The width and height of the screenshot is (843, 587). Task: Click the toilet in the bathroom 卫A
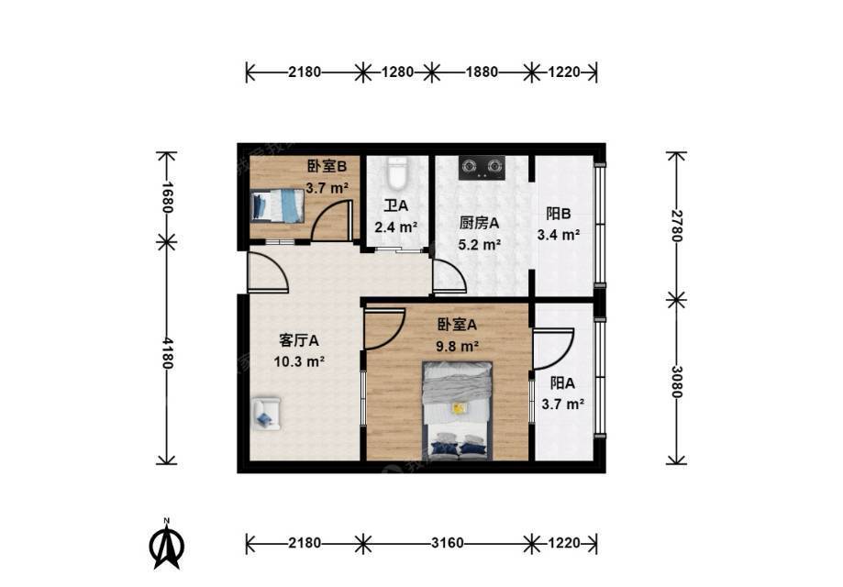pyautogui.click(x=397, y=172)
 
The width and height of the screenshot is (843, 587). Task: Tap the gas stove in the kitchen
pyautogui.click(x=482, y=167)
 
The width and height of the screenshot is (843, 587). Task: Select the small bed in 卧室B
pyautogui.click(x=277, y=205)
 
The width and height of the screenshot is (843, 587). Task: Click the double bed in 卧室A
pyautogui.click(x=458, y=411)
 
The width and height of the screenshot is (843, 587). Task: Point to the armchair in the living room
pyautogui.click(x=267, y=413)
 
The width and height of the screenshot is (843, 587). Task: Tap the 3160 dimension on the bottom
pyautogui.click(x=448, y=543)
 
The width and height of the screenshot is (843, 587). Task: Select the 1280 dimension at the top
pyautogui.click(x=397, y=72)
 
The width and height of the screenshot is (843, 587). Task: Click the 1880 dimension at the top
pyautogui.click(x=482, y=72)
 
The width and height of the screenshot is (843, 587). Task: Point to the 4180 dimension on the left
pyautogui.click(x=167, y=353)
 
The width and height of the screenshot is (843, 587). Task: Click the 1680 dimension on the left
pyautogui.click(x=167, y=197)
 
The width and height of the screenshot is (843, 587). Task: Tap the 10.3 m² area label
pyautogui.click(x=299, y=361)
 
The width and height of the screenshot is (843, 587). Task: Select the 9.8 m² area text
pyautogui.click(x=458, y=346)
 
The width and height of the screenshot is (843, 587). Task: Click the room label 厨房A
pyautogui.click(x=479, y=223)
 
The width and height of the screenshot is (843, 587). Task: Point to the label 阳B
pyautogui.click(x=559, y=214)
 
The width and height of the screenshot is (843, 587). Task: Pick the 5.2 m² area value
pyautogui.click(x=480, y=245)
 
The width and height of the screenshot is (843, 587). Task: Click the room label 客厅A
pyautogui.click(x=299, y=340)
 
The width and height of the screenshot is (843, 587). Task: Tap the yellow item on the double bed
pyautogui.click(x=459, y=408)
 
